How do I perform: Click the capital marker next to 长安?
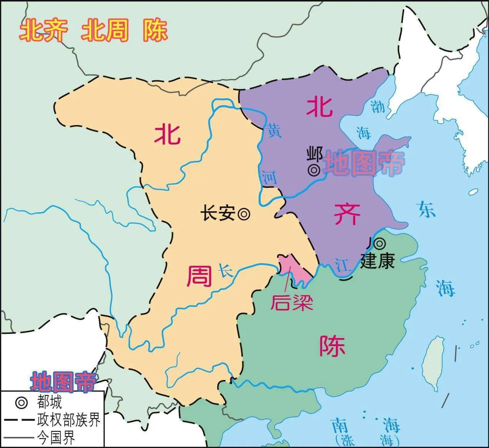click(x=244, y=214)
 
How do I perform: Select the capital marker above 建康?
click(x=380, y=243)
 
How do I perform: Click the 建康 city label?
click(x=377, y=261)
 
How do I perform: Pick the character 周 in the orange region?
click(x=199, y=276)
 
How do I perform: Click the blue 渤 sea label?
click(x=377, y=106)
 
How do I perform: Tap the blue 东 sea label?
click(x=427, y=210)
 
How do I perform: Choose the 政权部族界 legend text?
click(x=69, y=420)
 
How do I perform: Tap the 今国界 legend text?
click(x=56, y=438)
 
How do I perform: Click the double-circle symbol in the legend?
click(x=22, y=403)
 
